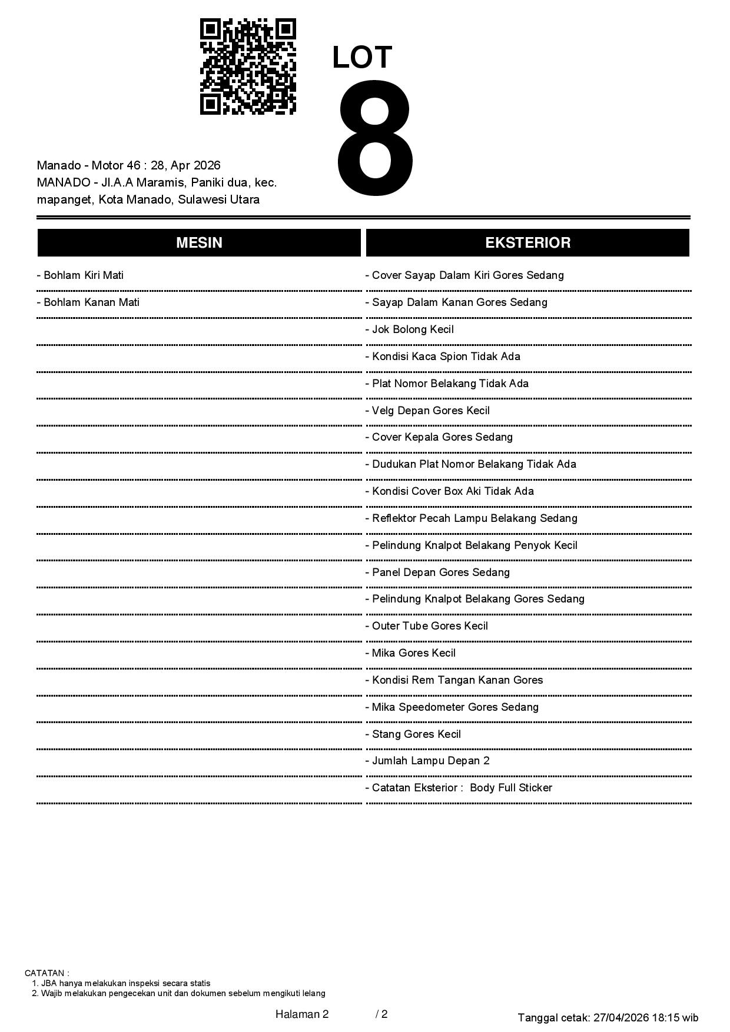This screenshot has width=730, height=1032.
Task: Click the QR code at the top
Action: click(248, 66)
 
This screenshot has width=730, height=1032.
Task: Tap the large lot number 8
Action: click(375, 139)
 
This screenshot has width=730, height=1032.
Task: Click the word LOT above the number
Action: click(362, 58)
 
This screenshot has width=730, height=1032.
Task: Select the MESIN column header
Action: click(199, 243)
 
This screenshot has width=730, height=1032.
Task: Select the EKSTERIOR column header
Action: click(527, 243)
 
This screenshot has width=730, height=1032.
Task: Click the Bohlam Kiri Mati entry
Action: click(80, 275)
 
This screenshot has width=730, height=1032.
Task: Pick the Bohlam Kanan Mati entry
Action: click(88, 302)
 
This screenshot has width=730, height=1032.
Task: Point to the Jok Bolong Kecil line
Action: click(410, 329)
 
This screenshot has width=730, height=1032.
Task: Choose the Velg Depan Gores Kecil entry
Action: click(427, 411)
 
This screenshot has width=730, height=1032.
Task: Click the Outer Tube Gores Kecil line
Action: click(427, 626)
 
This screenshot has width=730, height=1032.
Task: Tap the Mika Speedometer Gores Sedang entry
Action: click(452, 707)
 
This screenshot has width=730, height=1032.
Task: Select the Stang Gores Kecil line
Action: click(413, 734)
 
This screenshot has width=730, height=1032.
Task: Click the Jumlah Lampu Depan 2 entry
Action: click(427, 761)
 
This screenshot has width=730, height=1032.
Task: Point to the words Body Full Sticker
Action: click(511, 788)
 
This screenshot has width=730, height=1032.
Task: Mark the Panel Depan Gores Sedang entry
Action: click(437, 572)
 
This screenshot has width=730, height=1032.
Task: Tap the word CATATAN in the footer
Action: click(47, 973)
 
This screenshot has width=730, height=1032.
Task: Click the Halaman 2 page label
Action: click(302, 1014)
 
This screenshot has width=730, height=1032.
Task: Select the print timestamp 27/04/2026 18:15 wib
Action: click(646, 1017)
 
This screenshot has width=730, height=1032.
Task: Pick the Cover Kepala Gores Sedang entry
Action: click(439, 437)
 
